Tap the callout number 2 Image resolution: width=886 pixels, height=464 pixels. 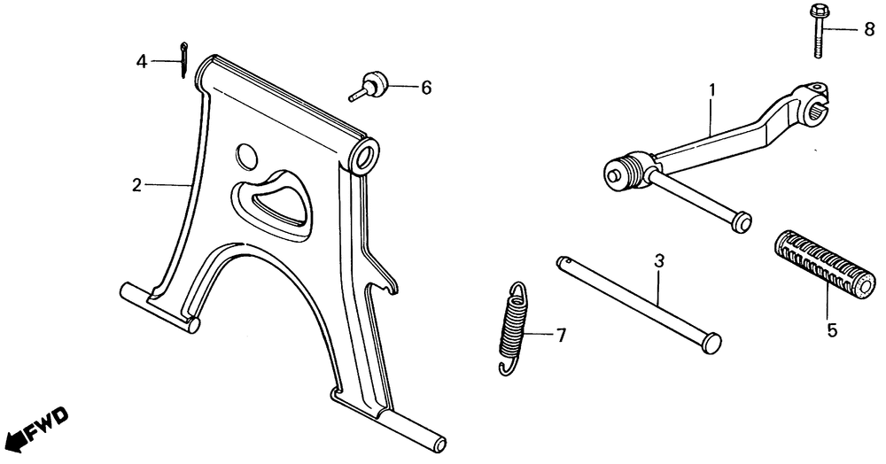click(136, 186)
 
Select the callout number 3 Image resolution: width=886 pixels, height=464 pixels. click(658, 261)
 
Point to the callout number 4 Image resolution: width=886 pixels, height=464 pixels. click(141, 61)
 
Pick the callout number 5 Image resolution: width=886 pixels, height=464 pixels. click(831, 331)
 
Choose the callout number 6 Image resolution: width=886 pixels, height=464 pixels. click(425, 88)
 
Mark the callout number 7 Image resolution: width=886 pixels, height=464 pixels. click(560, 335)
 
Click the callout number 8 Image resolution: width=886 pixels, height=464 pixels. click(869, 30)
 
